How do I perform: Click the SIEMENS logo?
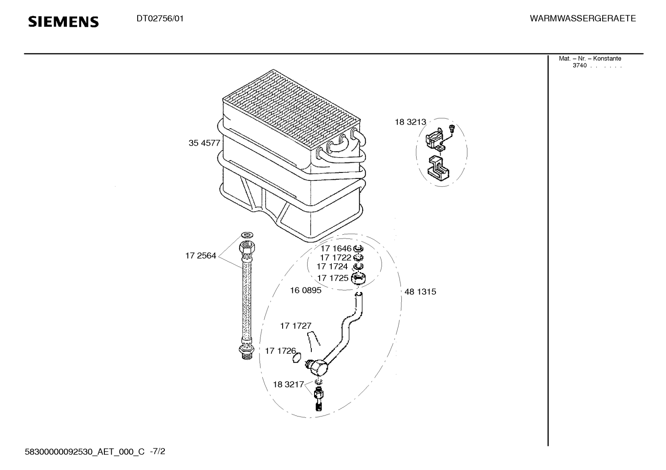(x=63, y=22)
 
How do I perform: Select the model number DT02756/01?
(x=160, y=19)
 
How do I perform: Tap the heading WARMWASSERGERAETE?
(x=582, y=19)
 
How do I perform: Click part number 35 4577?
(x=204, y=143)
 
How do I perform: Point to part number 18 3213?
(x=410, y=122)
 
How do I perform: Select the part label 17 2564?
(x=200, y=256)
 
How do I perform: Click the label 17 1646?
(x=336, y=249)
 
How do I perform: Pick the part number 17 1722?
(x=336, y=257)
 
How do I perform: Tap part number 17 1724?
(x=332, y=267)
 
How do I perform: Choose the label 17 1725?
(x=333, y=278)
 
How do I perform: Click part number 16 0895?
(x=305, y=291)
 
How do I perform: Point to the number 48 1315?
(x=420, y=292)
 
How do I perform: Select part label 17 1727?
(x=296, y=326)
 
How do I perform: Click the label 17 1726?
(x=280, y=351)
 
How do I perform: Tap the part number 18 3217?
(x=288, y=384)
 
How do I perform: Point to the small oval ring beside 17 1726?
(x=297, y=357)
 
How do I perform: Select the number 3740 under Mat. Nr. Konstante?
(x=579, y=65)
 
